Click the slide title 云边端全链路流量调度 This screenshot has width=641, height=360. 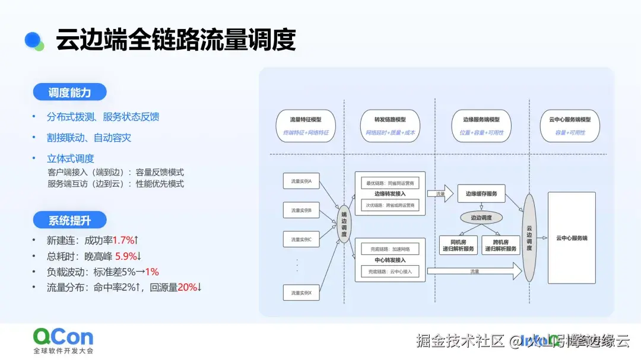176,40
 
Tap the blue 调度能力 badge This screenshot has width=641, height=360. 69,92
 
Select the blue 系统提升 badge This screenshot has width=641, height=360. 69,221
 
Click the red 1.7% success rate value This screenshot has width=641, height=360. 123,240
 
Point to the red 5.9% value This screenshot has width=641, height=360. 126,256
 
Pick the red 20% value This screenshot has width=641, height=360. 187,287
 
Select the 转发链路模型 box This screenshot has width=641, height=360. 390,126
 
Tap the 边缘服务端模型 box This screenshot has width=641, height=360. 481,126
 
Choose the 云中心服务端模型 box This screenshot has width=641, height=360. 569,126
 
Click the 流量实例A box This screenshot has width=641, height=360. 302,180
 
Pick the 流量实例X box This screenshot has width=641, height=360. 302,292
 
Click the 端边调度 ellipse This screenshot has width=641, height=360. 344,225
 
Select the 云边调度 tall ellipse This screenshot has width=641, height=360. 529,237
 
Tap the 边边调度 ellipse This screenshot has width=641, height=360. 481,218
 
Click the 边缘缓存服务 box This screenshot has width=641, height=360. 481,193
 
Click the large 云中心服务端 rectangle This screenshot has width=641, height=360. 571,237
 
